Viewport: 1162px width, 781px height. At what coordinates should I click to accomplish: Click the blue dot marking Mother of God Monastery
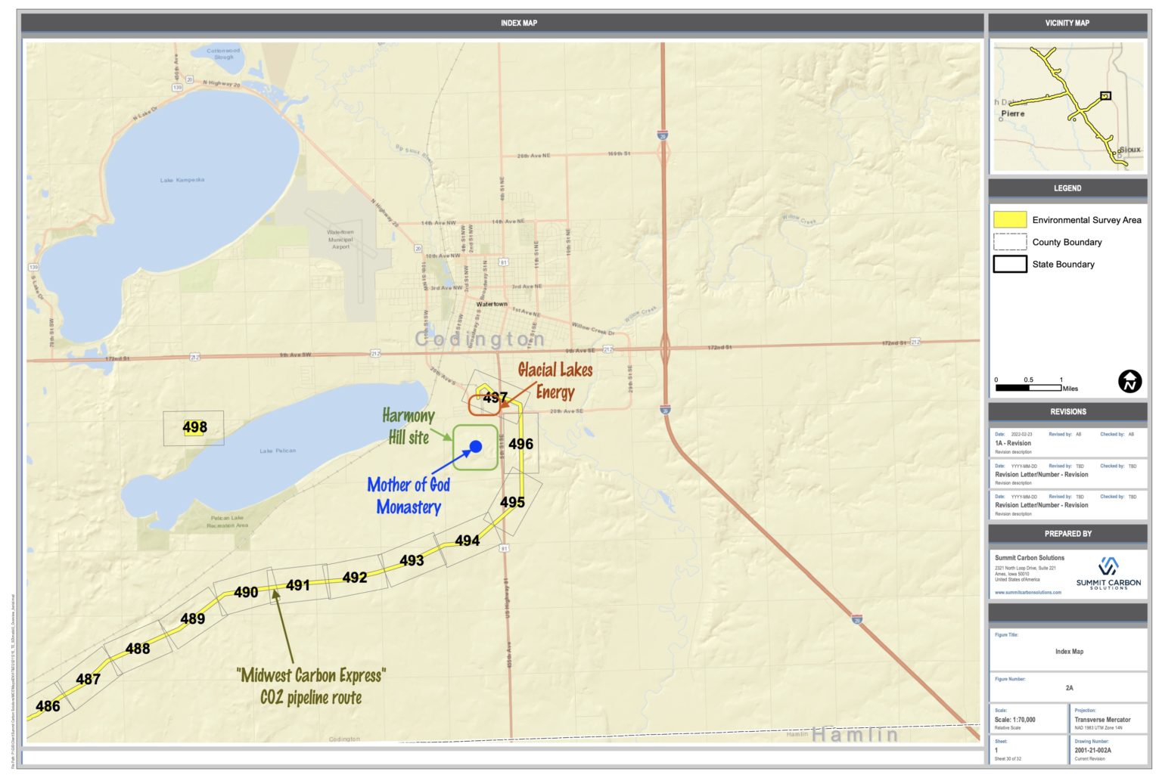click(476, 447)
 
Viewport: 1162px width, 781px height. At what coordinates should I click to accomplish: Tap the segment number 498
click(194, 427)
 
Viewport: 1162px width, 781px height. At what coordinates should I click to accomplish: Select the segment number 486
click(48, 706)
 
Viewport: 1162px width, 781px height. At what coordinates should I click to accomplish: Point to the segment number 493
click(412, 560)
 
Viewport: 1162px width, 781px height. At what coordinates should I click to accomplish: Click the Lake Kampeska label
click(182, 180)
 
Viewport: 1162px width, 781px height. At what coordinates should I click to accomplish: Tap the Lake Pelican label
click(278, 451)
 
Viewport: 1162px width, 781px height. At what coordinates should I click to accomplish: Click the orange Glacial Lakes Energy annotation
click(555, 380)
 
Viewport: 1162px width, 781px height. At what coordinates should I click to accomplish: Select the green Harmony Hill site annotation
click(409, 426)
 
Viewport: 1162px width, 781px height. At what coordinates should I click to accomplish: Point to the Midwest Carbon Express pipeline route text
click(311, 686)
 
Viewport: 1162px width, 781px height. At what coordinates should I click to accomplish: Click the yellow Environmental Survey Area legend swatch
click(1010, 220)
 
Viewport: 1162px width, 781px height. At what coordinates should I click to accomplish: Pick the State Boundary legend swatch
click(1010, 264)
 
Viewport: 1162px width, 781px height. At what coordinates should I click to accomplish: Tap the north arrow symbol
click(1129, 381)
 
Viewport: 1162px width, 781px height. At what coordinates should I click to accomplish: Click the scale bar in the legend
click(1028, 388)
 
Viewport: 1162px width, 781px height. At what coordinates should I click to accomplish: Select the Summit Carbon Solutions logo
click(1108, 574)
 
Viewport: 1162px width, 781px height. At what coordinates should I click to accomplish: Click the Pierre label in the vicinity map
click(1013, 113)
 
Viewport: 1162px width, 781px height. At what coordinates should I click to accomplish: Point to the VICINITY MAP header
click(1067, 23)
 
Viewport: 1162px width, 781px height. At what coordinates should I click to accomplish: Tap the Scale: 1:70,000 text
click(1014, 720)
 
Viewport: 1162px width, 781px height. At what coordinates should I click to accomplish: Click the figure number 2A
click(1069, 688)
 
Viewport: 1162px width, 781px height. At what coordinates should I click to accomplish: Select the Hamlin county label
click(855, 734)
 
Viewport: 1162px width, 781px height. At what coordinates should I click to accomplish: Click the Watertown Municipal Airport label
click(340, 239)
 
